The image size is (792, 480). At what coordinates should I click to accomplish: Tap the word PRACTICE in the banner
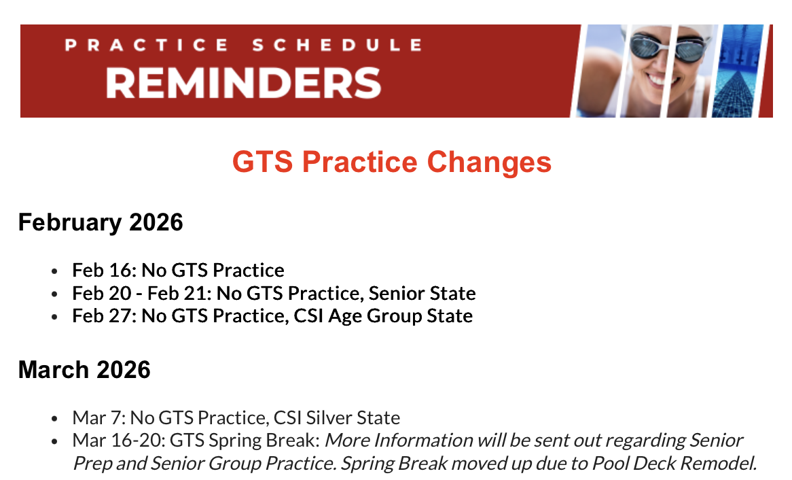tap(147, 45)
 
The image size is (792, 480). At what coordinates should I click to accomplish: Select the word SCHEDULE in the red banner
tap(337, 45)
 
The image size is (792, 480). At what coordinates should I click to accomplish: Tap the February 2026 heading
tap(101, 222)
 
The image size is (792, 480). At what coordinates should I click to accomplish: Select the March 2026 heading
tap(84, 370)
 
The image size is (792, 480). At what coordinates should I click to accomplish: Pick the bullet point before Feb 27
tap(54, 317)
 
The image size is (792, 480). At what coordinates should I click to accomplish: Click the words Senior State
tap(422, 293)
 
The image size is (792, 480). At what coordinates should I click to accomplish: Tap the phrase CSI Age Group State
tap(383, 316)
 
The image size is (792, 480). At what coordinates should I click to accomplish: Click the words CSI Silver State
tap(336, 417)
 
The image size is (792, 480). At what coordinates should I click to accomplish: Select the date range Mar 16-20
tap(116, 441)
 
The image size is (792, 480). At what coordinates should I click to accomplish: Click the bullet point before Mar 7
tap(54, 419)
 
